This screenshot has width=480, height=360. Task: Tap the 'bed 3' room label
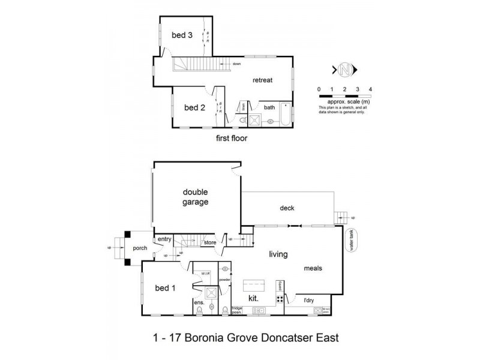[182, 35]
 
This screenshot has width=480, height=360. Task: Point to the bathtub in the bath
[284, 117]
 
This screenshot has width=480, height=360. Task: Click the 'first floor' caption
[231, 137]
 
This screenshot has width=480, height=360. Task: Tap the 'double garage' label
[196, 197]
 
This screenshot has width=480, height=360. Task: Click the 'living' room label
[279, 254]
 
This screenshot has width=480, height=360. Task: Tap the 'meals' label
[313, 268]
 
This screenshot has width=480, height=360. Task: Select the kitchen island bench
[254, 284]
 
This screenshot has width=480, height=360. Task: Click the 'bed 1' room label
[165, 287]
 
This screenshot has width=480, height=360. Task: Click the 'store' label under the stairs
[209, 243]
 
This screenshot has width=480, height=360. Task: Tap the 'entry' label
[165, 239]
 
